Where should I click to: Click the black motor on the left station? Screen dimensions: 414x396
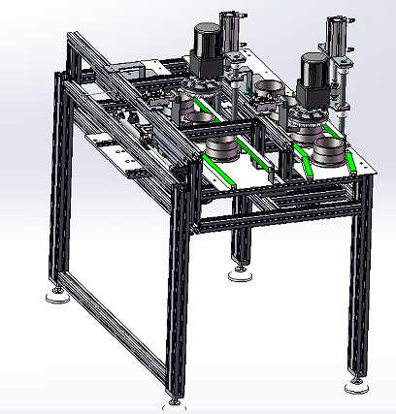pos(206,48)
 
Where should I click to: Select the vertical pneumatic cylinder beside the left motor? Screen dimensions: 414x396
pos(230,44)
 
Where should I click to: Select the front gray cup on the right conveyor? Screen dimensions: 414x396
pos(330,156)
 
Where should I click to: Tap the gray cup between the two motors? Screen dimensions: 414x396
pos(267,96)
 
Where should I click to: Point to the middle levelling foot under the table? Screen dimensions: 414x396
pos(239,274)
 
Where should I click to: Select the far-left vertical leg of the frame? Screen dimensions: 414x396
pos(52,194)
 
